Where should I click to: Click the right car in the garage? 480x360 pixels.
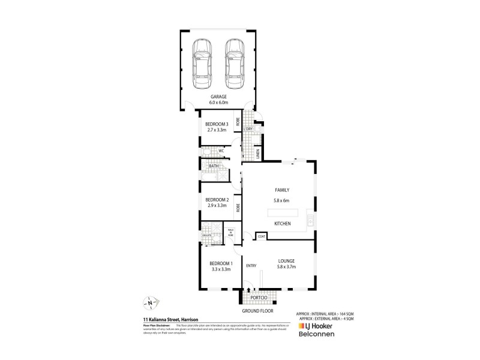click(235, 62)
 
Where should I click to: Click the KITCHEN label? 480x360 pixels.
click(282, 223)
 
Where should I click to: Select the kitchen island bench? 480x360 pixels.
click(281, 212)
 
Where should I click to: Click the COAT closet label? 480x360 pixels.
click(262, 236)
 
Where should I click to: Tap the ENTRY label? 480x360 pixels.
click(251, 266)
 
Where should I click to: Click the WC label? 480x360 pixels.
click(221, 151)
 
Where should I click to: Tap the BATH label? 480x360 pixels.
click(214, 166)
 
